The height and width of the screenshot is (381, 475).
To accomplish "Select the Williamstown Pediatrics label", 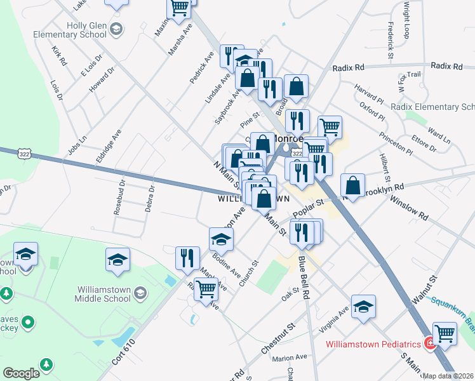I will [x=373, y=344].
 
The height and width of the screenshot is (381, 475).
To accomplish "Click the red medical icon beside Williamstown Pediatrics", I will [x=430, y=344].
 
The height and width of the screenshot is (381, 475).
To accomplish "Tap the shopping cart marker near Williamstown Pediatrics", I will [x=445, y=332].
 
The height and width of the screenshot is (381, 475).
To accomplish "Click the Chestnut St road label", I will [x=278, y=338].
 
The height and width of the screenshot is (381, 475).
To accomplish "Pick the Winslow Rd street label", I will [x=410, y=208].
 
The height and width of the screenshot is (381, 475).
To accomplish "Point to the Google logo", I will [x=21, y=373].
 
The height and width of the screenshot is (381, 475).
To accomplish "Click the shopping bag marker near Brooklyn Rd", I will [x=352, y=185].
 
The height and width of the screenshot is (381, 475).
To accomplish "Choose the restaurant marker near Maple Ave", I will [x=187, y=257].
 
